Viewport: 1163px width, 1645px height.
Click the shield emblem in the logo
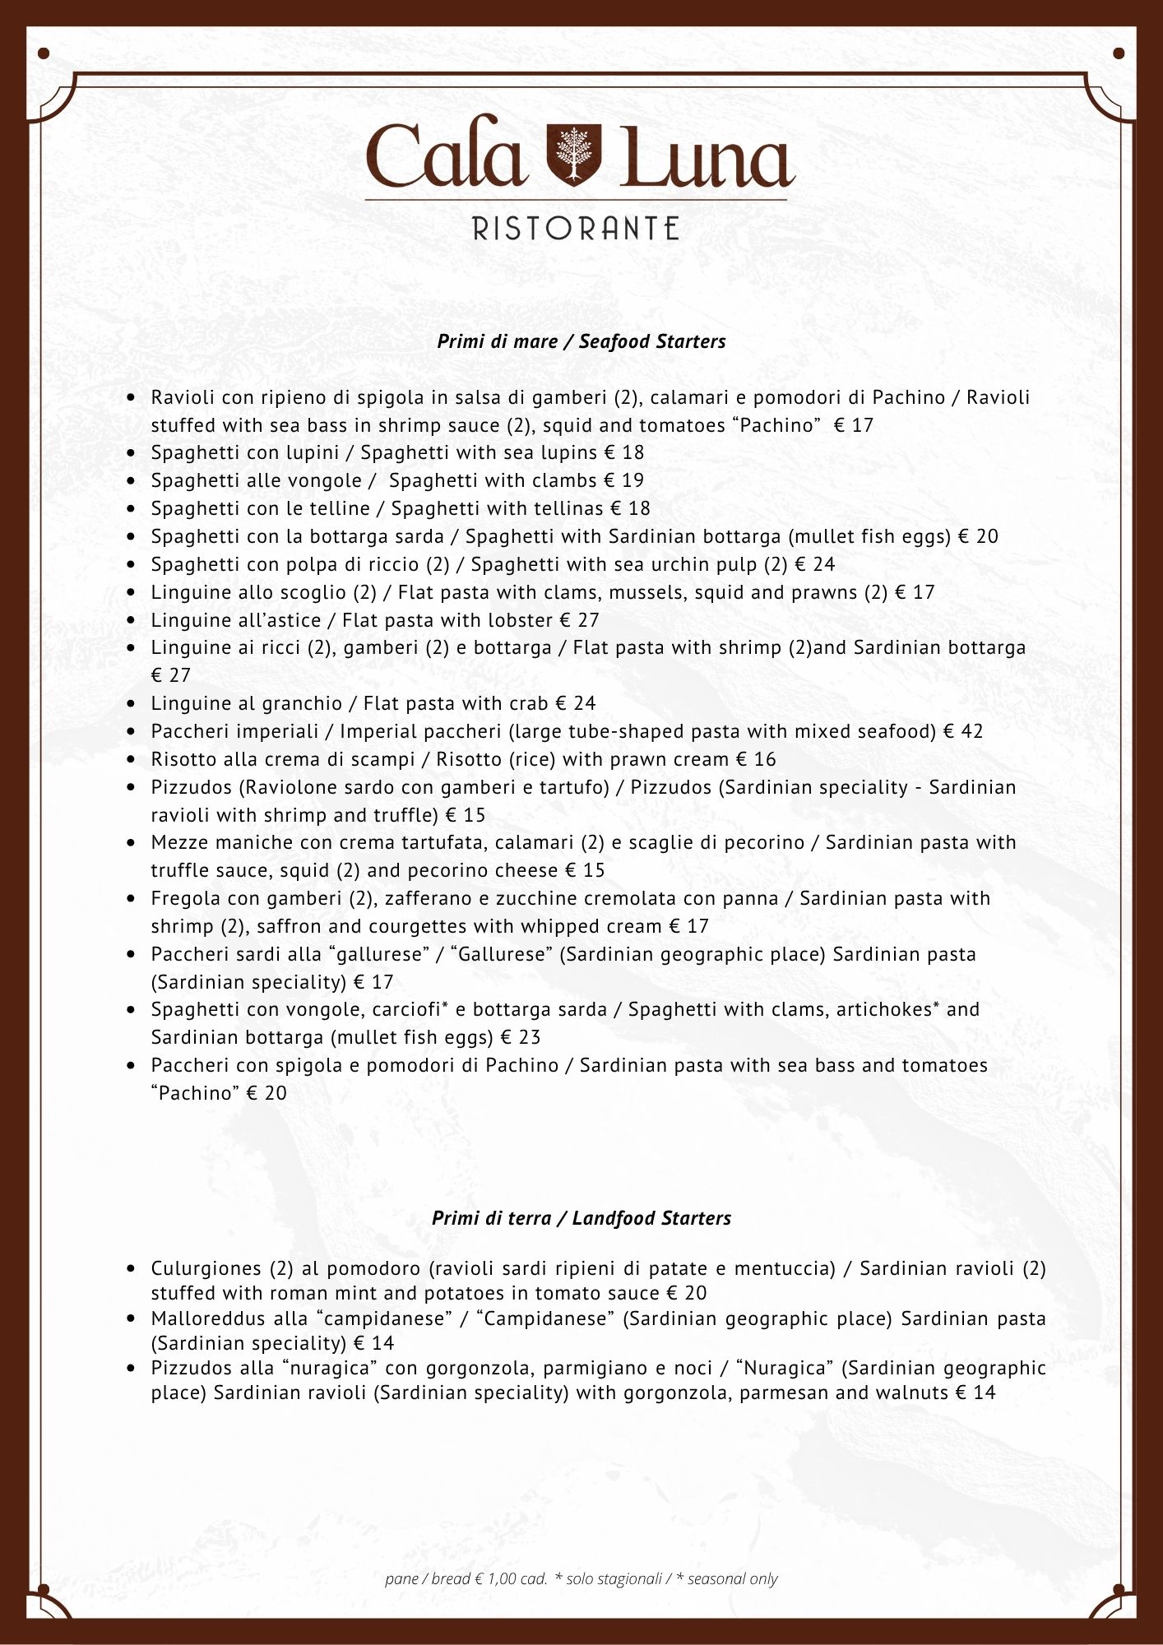coord(575,155)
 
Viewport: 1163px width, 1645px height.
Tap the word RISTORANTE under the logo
coord(576,229)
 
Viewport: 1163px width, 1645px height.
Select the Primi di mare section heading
coord(581,341)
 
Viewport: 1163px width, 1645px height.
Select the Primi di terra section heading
coord(581,1218)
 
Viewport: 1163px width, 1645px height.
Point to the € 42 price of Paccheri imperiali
coord(963,731)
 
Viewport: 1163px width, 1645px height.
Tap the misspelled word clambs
coord(567,480)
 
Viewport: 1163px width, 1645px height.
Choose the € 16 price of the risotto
coord(756,759)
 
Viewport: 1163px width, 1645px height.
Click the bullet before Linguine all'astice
coord(131,620)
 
